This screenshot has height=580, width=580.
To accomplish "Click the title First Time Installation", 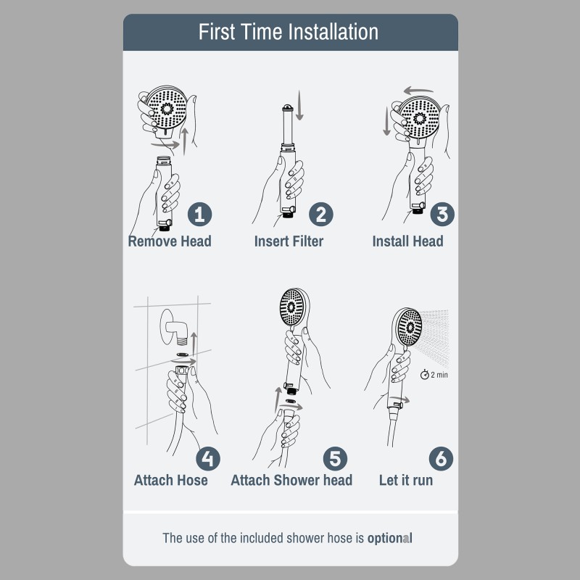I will [289, 33].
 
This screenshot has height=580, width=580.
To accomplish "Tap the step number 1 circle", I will [200, 214].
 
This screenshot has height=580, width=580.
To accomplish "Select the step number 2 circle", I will [321, 214].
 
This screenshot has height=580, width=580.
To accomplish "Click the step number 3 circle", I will [442, 214].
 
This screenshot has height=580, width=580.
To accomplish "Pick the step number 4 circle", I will [208, 458].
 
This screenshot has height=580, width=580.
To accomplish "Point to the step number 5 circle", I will [334, 458].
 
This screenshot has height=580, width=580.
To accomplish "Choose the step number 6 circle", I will [442, 458].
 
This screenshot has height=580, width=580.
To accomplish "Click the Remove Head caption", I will [170, 241].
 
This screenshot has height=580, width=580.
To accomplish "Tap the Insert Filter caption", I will [289, 241].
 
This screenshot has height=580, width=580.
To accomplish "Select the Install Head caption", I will [407, 241].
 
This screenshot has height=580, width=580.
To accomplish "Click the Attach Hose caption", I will [170, 480].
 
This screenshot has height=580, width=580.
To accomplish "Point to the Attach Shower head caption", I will [291, 480].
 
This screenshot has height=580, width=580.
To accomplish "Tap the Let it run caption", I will [406, 480].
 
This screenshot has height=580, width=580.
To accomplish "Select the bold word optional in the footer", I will [389, 538].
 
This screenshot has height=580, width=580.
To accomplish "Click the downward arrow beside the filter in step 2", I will [300, 109].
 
